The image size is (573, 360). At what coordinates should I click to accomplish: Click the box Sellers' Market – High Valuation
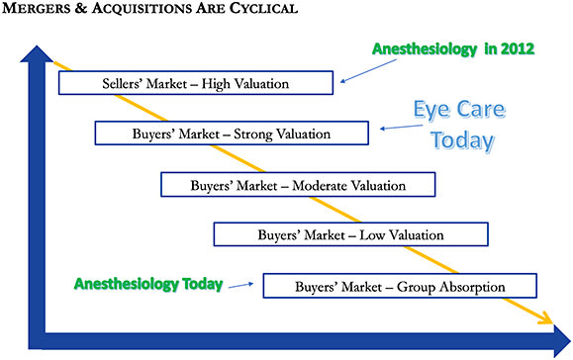pyautogui.click(x=196, y=83)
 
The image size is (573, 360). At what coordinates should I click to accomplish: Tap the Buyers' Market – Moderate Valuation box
pyautogui.click(x=298, y=185)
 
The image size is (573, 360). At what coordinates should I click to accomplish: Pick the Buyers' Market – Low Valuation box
pyautogui.click(x=350, y=235)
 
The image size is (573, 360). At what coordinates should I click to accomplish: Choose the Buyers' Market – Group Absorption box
pyautogui.click(x=400, y=287)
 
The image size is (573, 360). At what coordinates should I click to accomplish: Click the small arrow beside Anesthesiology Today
pyautogui.click(x=239, y=287)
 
